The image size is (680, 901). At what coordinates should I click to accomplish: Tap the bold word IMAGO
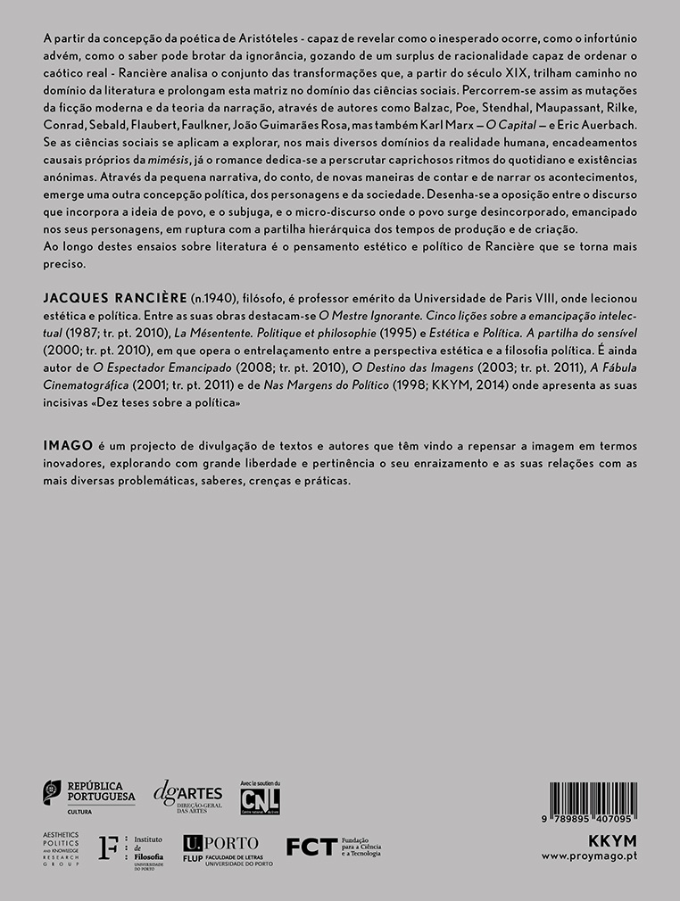tap(66, 443)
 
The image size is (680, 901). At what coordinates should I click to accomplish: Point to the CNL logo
tap(260, 797)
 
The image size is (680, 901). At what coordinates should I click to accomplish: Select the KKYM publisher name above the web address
tap(613, 840)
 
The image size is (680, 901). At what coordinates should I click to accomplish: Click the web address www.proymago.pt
tap(589, 856)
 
